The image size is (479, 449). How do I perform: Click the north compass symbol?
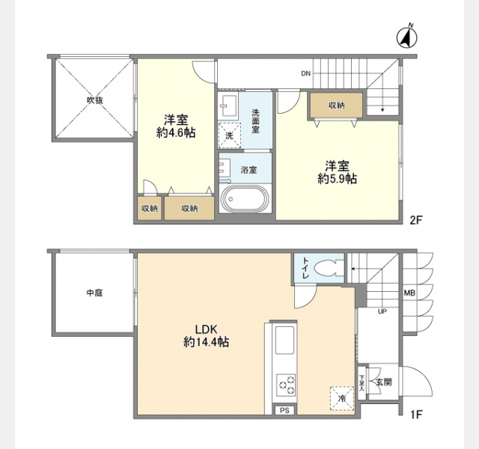tap(407, 37)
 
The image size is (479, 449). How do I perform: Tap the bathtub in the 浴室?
tap(245, 198)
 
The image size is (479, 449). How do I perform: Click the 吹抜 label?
tap(95, 100)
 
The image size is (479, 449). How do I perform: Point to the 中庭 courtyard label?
tap(94, 293)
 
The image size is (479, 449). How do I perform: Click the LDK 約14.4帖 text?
tap(207, 336)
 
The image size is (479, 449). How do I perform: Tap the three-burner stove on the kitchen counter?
tap(286, 385)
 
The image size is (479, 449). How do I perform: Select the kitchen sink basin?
tap(284, 340)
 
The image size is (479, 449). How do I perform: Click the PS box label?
tap(284, 410)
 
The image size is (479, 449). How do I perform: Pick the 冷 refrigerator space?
tap(342, 398)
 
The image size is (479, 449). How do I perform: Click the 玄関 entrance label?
tap(384, 382)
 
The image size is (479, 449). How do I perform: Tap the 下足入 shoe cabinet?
tap(361, 382)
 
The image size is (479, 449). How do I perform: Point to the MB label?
tap(409, 293)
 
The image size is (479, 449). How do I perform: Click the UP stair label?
tap(382, 311)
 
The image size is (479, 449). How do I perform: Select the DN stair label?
tap(306, 73)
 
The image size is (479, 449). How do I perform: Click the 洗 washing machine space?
tap(230, 135)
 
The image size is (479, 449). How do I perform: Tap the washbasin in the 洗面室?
tap(228, 106)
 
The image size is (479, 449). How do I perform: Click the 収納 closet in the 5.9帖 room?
tap(336, 105)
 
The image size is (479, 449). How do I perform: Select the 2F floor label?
tap(416, 220)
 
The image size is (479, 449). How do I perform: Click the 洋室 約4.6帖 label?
tap(176, 126)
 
